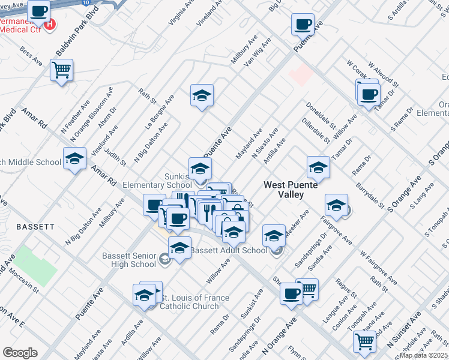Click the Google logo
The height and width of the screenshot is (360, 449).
tap(20, 353)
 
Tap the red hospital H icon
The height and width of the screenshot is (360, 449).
tap(50, 25)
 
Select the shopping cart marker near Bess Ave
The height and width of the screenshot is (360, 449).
tap(62, 71)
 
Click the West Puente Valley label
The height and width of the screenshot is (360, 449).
tap(292, 190)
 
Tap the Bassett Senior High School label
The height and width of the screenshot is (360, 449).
tap(129, 260)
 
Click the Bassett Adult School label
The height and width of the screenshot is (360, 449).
tap(237, 250)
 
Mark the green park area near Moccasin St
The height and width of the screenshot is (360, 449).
tap(35, 266)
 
